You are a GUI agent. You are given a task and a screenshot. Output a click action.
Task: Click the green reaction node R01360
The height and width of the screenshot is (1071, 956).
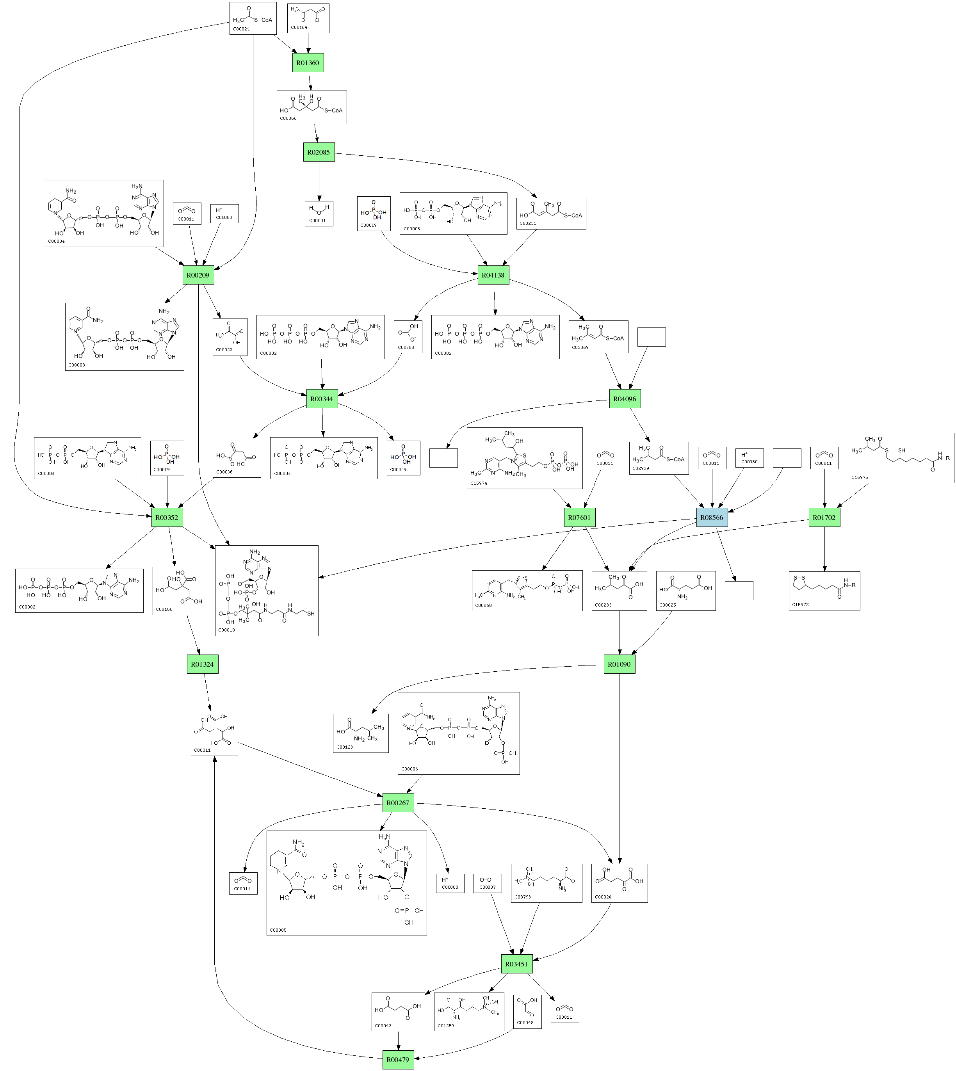[x=308, y=63]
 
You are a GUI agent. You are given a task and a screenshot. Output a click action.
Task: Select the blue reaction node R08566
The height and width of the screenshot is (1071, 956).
[x=712, y=518]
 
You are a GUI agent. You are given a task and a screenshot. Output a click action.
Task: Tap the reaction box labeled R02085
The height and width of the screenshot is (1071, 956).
[x=319, y=152]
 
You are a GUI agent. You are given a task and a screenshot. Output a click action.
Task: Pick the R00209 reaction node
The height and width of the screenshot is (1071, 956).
[x=198, y=275]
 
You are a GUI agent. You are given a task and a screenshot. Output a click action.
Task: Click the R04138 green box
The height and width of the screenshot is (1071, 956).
[x=493, y=275]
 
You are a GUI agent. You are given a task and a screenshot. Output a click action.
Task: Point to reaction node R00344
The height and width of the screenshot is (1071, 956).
[x=322, y=399]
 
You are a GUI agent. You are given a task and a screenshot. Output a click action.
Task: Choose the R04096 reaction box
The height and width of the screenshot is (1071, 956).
[x=625, y=399]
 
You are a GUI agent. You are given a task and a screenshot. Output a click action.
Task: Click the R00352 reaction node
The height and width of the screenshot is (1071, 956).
[x=167, y=518]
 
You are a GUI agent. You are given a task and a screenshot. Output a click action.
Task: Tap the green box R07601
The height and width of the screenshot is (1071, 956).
[x=579, y=518]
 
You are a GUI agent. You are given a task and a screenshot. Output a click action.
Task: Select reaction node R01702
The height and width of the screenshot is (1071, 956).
[x=824, y=518]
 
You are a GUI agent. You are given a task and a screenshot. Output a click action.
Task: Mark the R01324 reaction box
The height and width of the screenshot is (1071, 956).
[x=202, y=664]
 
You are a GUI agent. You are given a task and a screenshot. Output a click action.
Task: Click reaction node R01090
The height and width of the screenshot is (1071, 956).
[x=619, y=664]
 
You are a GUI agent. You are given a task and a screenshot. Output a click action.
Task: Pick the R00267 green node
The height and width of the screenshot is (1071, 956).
[x=398, y=803]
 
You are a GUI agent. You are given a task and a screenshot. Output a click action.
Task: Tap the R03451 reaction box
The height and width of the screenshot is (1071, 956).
[x=516, y=964]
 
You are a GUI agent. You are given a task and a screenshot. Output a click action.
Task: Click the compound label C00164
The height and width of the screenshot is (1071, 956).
[x=299, y=27]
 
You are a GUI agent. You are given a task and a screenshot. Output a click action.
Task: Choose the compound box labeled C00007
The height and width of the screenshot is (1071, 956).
[x=488, y=887]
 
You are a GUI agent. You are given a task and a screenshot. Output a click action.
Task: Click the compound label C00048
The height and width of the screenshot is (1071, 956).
[x=525, y=1023]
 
